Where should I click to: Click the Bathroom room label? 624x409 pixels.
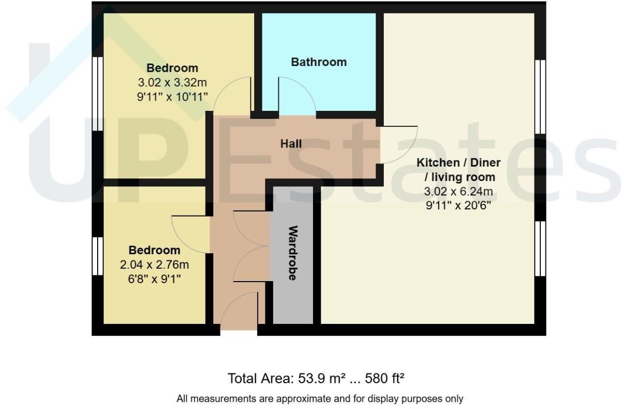[x=319, y=62]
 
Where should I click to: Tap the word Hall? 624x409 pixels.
[x=291, y=144]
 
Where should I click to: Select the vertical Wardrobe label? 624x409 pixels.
[x=292, y=253]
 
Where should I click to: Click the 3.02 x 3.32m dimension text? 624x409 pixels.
[x=172, y=82]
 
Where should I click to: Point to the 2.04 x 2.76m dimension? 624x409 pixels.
[x=154, y=265]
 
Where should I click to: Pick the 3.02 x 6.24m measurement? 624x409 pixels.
[x=459, y=192]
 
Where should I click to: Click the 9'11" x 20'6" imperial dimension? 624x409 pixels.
[x=459, y=205]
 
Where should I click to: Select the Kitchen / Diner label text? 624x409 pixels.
[x=459, y=163]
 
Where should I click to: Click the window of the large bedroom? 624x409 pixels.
[x=97, y=93]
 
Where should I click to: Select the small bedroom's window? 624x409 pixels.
[x=97, y=256]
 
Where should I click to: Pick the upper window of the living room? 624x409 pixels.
[x=540, y=96]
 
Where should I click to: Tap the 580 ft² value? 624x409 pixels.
[x=384, y=378]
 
